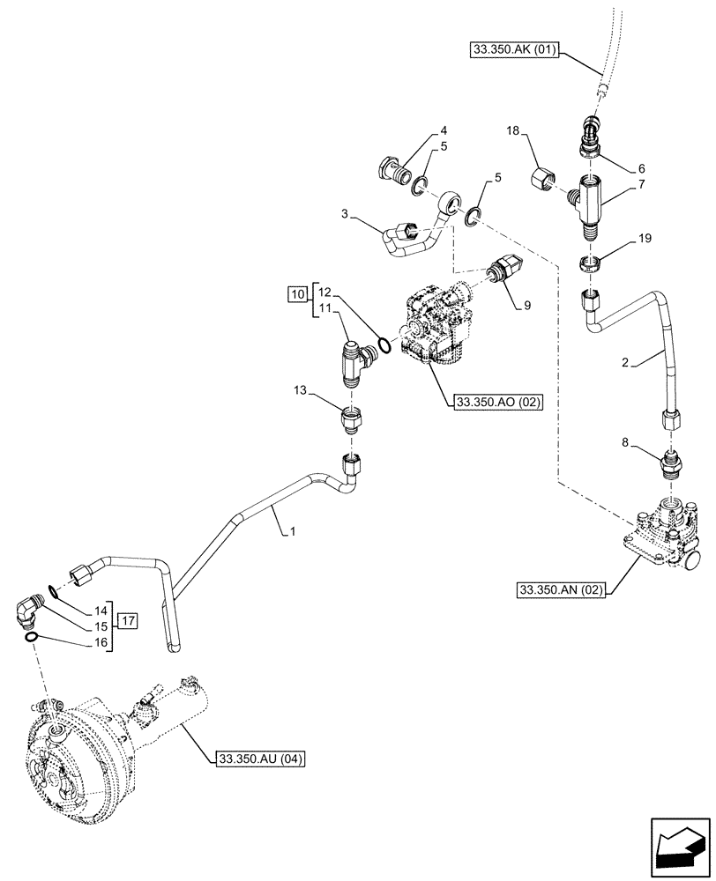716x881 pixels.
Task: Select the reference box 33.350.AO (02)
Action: tap(497, 403)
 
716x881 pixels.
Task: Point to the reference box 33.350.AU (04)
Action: tap(258, 759)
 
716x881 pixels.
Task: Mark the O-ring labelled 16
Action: tap(31, 637)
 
